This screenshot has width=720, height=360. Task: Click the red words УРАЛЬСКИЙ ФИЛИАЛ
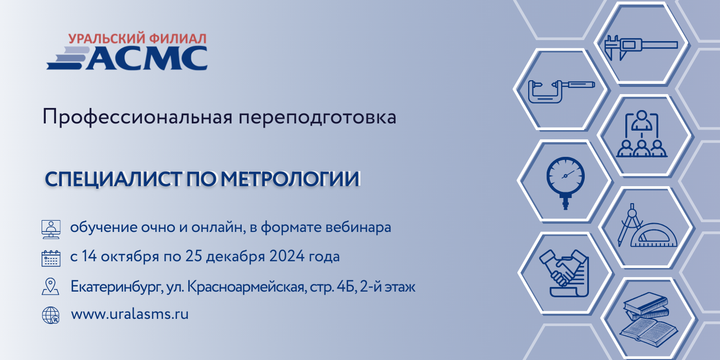(x=137, y=39)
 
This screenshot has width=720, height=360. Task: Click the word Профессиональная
(x=137, y=117)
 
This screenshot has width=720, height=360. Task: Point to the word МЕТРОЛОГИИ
(x=290, y=179)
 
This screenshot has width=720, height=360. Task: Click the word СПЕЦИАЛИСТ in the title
(x=113, y=179)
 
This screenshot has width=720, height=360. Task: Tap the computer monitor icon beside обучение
(x=51, y=229)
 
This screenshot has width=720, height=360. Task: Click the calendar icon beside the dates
(x=51, y=258)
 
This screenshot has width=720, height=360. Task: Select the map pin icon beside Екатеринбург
(x=50, y=286)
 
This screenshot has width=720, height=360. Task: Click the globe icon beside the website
(x=51, y=315)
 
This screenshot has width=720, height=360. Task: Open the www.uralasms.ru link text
(x=130, y=314)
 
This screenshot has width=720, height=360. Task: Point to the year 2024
(x=287, y=256)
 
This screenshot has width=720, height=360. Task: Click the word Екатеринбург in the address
(x=116, y=286)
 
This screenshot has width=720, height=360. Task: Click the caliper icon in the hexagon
(x=641, y=47)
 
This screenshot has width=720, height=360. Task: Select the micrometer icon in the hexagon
(x=562, y=92)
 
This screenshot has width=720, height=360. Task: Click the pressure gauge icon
(x=565, y=182)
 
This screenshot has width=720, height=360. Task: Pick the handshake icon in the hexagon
(x=564, y=273)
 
